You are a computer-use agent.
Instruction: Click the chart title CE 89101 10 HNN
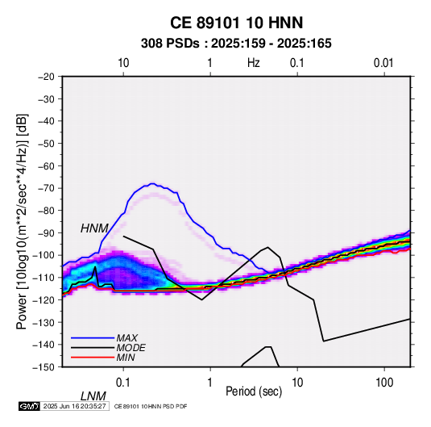tap(236, 23)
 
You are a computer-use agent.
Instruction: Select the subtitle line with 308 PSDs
tap(236, 44)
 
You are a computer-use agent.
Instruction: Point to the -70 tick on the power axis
tap(46, 188)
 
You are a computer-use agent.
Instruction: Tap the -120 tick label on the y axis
tap(44, 299)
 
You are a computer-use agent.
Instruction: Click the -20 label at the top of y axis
tap(46, 77)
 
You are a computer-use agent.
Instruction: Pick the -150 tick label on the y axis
tap(44, 367)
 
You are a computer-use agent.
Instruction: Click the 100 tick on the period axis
tap(384, 383)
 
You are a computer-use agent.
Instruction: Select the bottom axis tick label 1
tap(210, 383)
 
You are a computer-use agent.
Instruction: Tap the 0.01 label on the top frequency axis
tap(383, 63)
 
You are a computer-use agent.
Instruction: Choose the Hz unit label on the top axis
tap(254, 63)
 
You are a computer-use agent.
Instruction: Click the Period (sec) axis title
tap(254, 391)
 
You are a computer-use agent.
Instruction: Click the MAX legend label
tap(126, 337)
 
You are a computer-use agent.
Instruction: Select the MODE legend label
tap(131, 348)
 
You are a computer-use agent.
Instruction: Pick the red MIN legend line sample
tap(93, 358)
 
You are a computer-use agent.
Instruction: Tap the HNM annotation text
tap(94, 228)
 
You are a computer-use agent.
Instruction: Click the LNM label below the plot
tap(93, 396)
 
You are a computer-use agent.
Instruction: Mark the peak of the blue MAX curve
tap(152, 183)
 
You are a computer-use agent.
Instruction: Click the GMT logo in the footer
tap(29, 406)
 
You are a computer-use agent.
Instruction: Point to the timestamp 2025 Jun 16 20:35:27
tap(74, 406)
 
